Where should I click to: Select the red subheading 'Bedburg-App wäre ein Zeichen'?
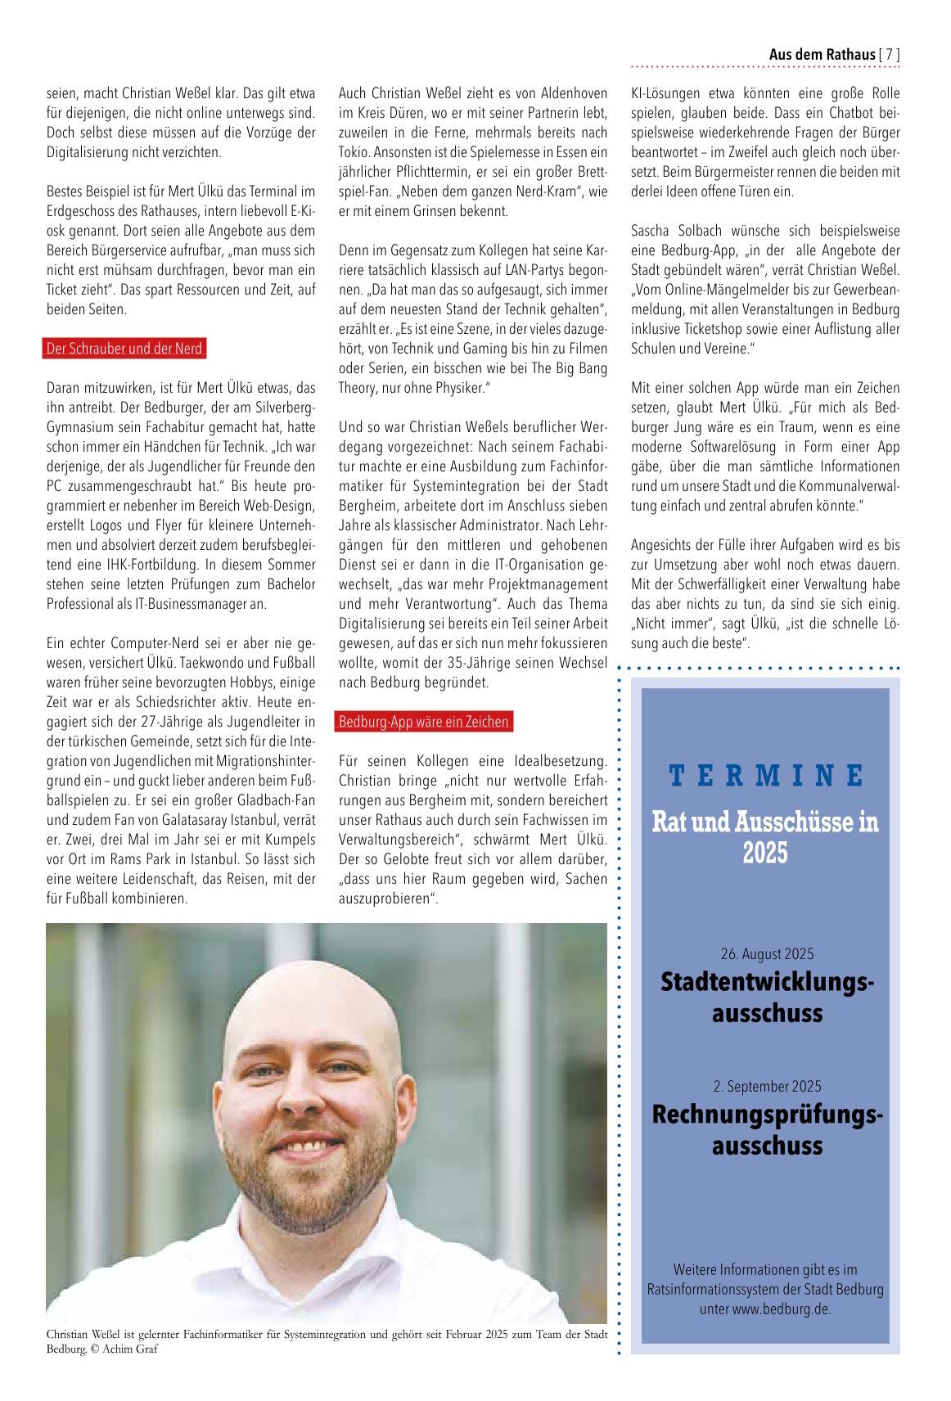point(424,722)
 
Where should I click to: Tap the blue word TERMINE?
point(765,774)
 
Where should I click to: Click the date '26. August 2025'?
point(767,953)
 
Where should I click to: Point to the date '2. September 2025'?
point(767,1087)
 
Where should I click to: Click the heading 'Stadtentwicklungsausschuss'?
point(767,996)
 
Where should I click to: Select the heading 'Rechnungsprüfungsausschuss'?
point(767,1129)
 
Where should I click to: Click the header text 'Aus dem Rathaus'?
point(821,55)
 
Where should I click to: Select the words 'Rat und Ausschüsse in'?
point(765,821)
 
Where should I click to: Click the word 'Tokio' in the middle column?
point(354,152)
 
